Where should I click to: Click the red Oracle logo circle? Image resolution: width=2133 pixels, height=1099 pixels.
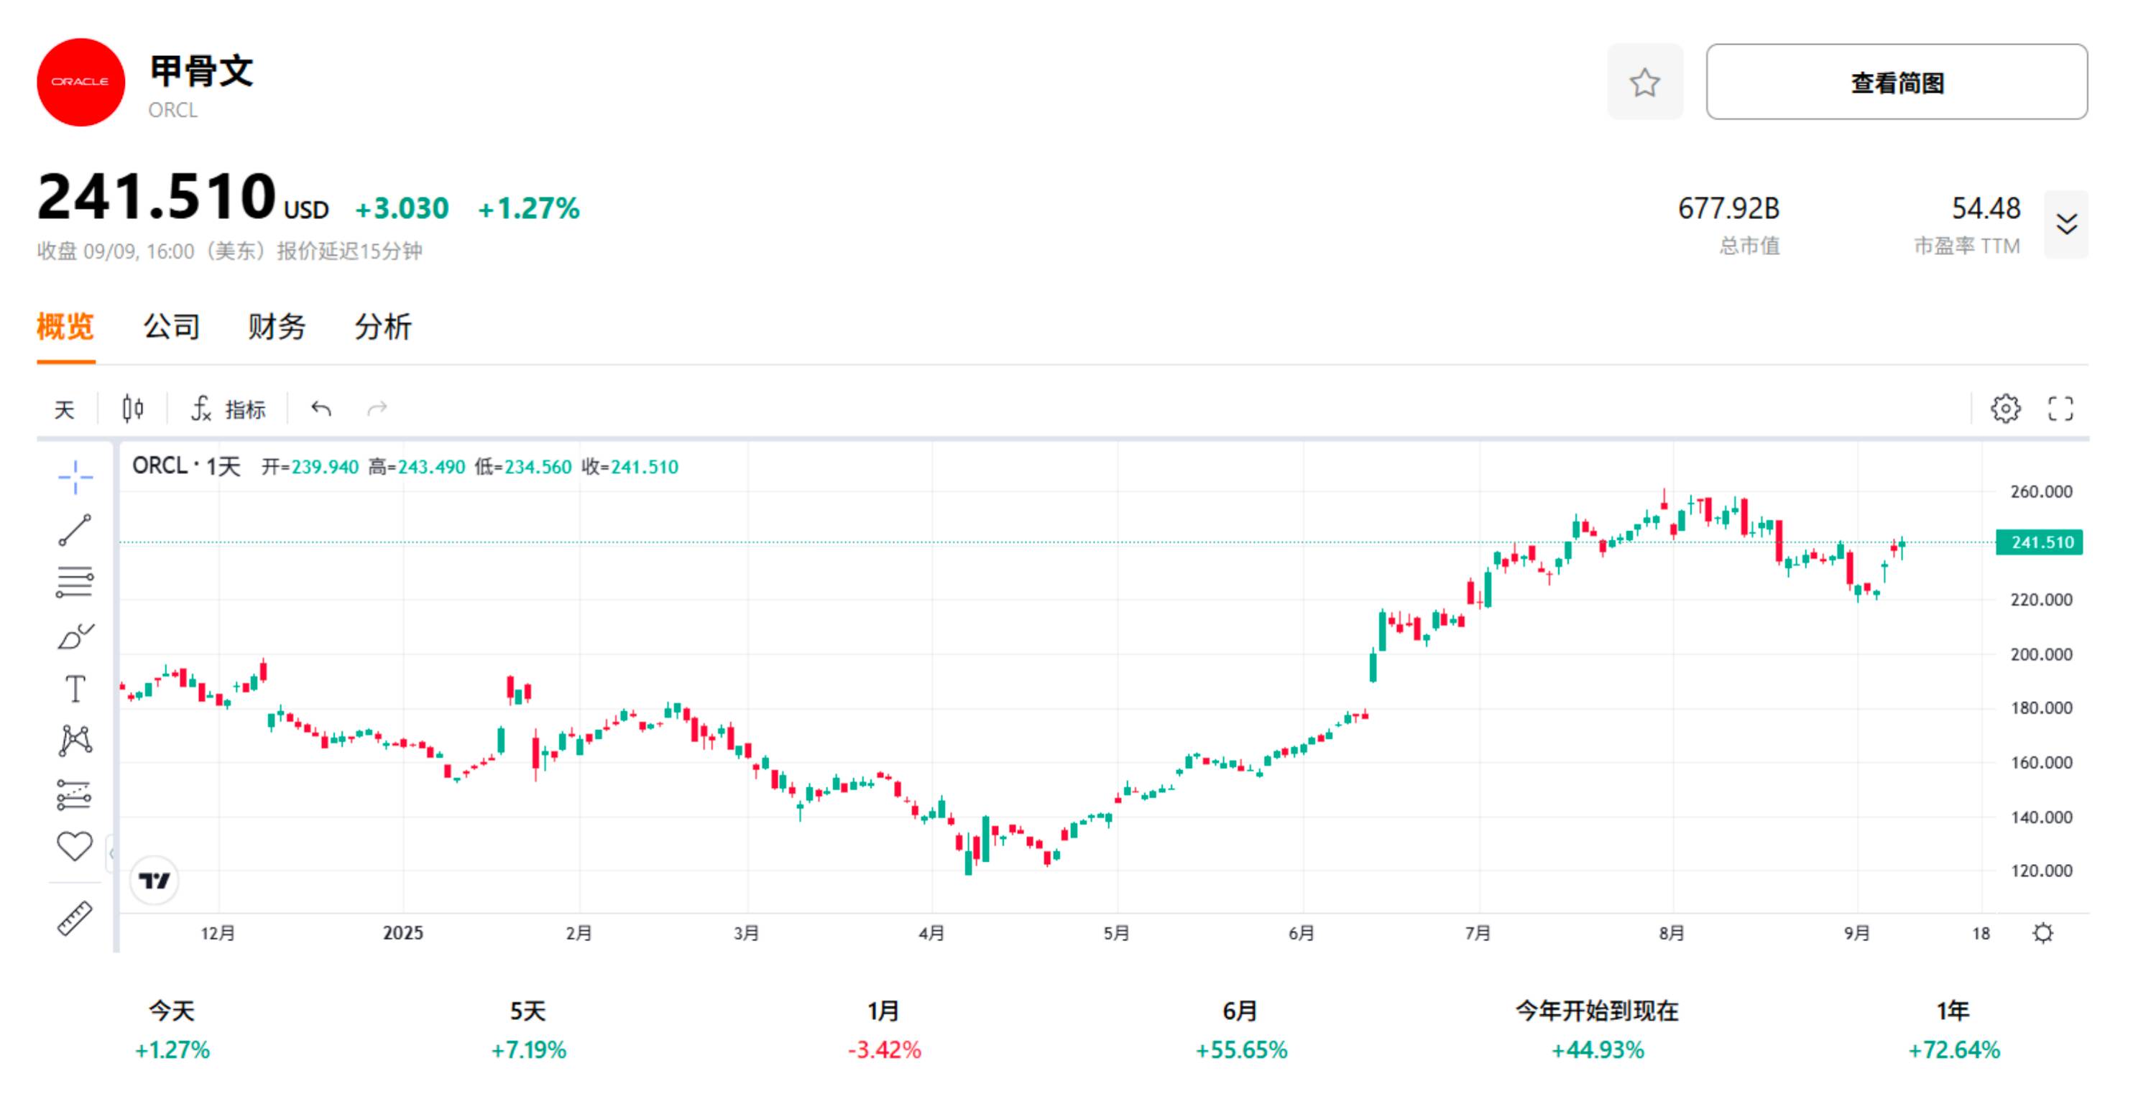(80, 82)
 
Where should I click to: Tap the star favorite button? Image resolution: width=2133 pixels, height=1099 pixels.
(1644, 82)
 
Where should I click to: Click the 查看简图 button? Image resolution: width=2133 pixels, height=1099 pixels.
(1895, 82)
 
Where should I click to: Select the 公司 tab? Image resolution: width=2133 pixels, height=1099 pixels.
(171, 327)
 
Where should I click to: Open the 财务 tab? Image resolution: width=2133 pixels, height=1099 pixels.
(277, 327)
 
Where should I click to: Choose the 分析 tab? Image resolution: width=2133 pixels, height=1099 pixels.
(382, 327)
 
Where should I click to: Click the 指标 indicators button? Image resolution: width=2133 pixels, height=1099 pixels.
(229, 409)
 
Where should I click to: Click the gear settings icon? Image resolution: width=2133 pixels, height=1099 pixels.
(2004, 409)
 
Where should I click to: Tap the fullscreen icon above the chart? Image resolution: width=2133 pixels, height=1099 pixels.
(2060, 409)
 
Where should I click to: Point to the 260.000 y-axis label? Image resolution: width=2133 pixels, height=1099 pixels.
(2040, 491)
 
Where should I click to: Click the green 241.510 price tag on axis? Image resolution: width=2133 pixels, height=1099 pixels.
(2040, 543)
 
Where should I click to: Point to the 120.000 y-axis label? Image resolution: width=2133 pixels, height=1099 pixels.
(2040, 871)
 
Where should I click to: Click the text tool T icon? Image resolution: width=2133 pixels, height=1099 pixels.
(75, 689)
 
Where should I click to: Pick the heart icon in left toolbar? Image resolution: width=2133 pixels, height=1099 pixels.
(75, 845)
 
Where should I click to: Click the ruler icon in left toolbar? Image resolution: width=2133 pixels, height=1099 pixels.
(75, 919)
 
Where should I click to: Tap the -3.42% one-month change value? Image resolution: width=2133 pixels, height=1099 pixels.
(885, 1050)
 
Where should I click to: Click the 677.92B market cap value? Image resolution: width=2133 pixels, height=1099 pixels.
(1728, 208)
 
